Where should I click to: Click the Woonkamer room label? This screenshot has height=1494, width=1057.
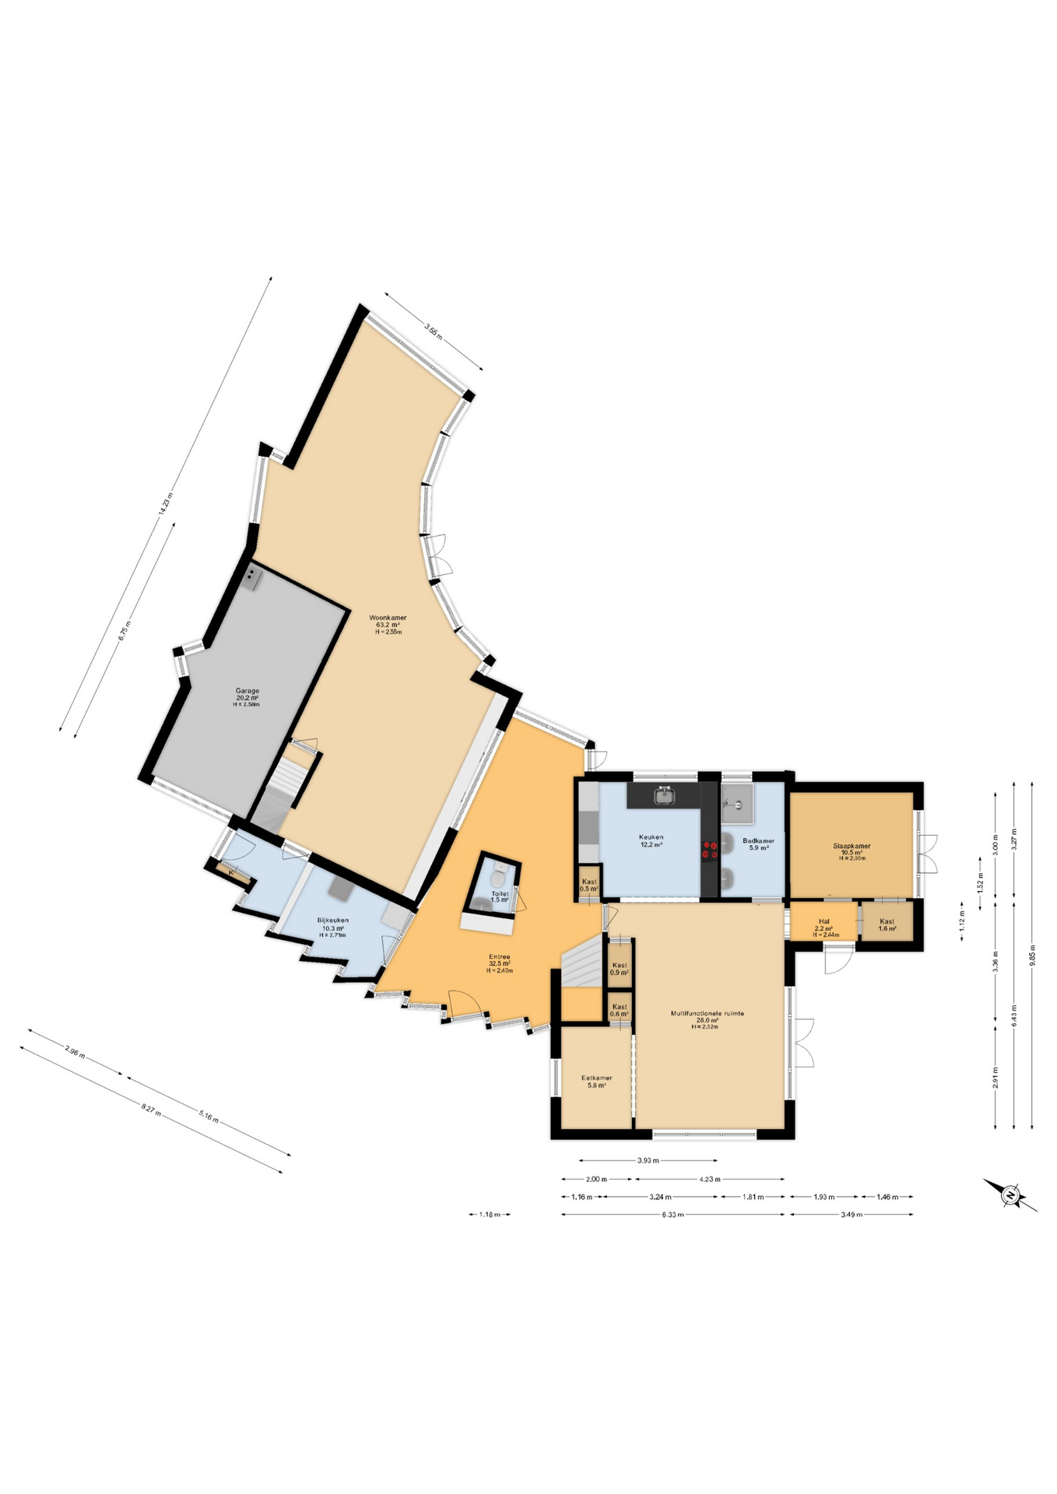[x=388, y=624]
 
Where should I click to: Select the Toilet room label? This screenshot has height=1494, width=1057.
[x=500, y=896]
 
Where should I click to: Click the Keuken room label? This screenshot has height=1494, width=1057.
[x=651, y=840]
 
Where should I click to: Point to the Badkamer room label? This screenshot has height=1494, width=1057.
[x=758, y=843]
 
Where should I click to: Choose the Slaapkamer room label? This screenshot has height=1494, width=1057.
[x=852, y=851]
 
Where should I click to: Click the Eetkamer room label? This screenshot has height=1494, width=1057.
[x=596, y=1082]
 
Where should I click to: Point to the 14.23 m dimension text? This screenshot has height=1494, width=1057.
[x=164, y=504]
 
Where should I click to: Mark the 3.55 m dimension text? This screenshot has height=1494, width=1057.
[x=433, y=331]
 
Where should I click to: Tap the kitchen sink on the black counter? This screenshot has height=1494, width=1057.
[x=664, y=796]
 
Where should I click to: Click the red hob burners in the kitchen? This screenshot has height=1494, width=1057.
[x=709, y=850]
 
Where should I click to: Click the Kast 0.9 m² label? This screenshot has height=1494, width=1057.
[x=620, y=969]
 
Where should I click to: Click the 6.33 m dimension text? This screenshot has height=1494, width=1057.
[x=672, y=1215]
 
